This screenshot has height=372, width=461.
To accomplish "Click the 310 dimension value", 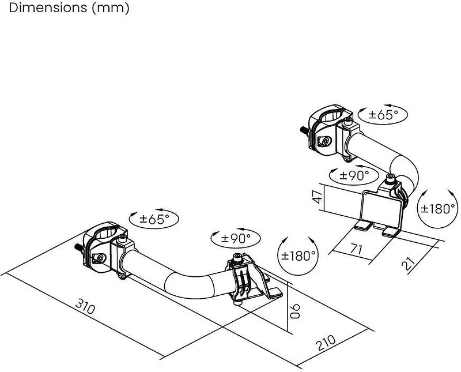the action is pyautogui.click(x=85, y=306).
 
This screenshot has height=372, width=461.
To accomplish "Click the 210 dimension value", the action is pyautogui.click(x=326, y=343).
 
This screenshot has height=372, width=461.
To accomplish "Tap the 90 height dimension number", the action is pyautogui.click(x=295, y=311).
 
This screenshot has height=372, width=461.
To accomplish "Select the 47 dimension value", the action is pyautogui.click(x=318, y=196).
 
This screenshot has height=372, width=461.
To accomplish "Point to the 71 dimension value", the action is pyautogui.click(x=356, y=249).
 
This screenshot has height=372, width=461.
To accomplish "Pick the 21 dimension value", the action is pyautogui.click(x=408, y=264).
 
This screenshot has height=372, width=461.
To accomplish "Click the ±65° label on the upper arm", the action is pyautogui.click(x=383, y=115).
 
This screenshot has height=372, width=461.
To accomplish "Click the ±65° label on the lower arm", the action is pyautogui.click(x=154, y=219).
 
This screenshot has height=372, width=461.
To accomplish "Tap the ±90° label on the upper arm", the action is pyautogui.click(x=354, y=176).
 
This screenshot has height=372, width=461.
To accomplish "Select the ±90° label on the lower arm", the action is pyautogui.click(x=236, y=238).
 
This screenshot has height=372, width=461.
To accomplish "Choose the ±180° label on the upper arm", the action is pyautogui.click(x=438, y=209).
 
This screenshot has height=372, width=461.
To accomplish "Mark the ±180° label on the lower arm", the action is pyautogui.click(x=298, y=255).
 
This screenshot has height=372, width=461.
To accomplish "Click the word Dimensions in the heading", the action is pyautogui.click(x=48, y=8).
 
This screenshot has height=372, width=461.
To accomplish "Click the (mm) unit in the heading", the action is pyautogui.click(x=111, y=9).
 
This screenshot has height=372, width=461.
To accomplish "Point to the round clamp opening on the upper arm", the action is pyautogui.click(x=333, y=117).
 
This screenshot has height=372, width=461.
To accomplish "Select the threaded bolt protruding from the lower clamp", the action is pyautogui.click(x=79, y=247).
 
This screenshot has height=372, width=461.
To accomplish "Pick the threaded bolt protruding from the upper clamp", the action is pyautogui.click(x=304, y=130).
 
